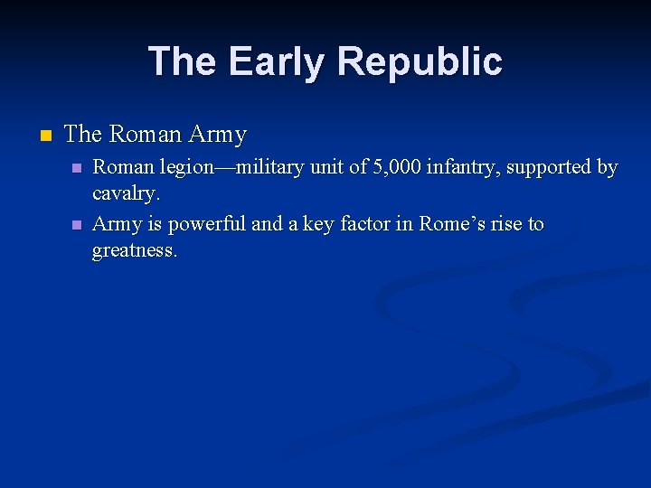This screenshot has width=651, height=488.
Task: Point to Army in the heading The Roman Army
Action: (218, 135)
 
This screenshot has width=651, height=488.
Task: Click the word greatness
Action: (134, 250)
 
